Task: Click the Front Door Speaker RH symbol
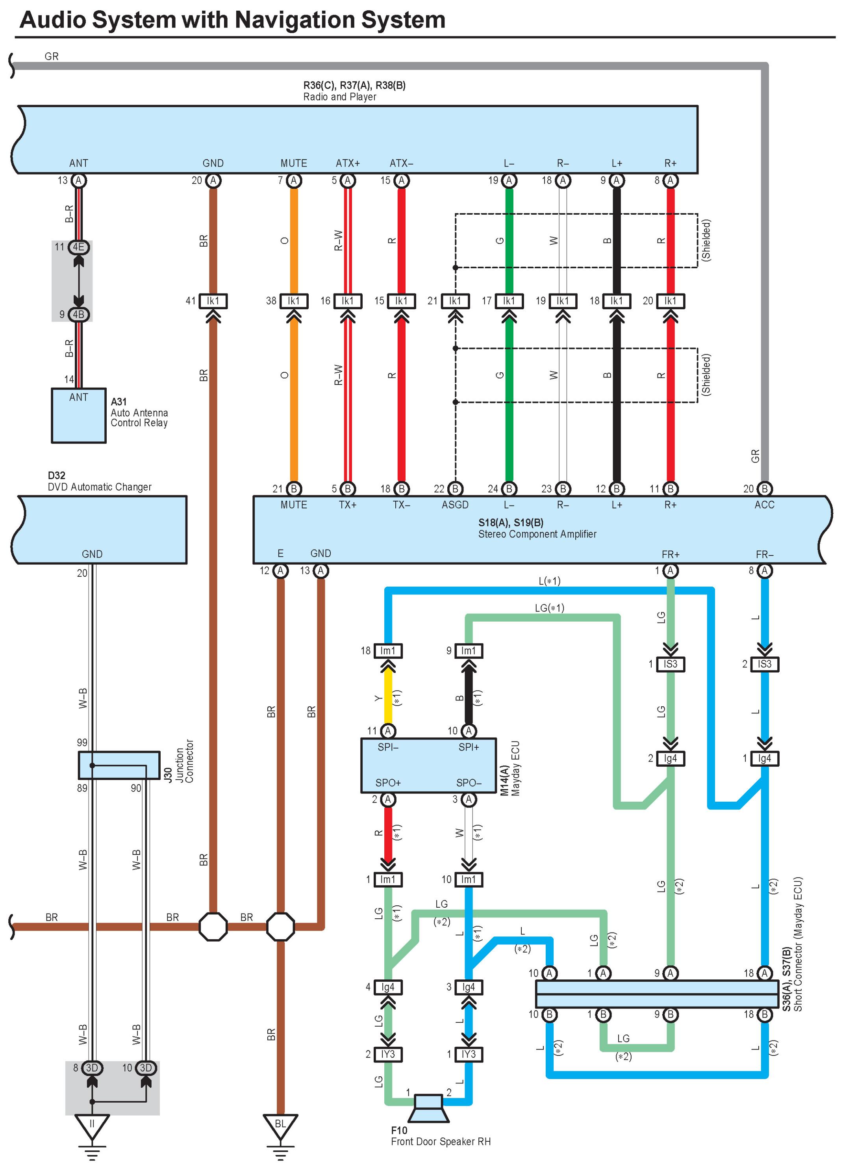pyautogui.click(x=428, y=1108)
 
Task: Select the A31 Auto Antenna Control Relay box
pyautogui.click(x=79, y=416)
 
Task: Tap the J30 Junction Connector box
pyautogui.click(x=119, y=765)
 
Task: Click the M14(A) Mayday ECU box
pyautogui.click(x=428, y=765)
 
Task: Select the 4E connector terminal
pyautogui.click(x=79, y=247)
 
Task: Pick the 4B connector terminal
pyautogui.click(x=79, y=314)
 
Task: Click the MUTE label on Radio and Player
pyautogui.click(x=294, y=163)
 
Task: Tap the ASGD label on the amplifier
pyautogui.click(x=456, y=505)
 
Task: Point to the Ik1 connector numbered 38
pyautogui.click(x=294, y=301)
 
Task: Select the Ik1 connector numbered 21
pyautogui.click(x=456, y=301)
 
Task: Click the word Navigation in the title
pyautogui.click(x=295, y=20)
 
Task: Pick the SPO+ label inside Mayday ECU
pyautogui.click(x=388, y=783)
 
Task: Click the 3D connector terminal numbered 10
pyautogui.click(x=146, y=1068)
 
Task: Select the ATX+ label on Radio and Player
pyautogui.click(x=348, y=163)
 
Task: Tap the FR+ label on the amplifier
pyautogui.click(x=671, y=554)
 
